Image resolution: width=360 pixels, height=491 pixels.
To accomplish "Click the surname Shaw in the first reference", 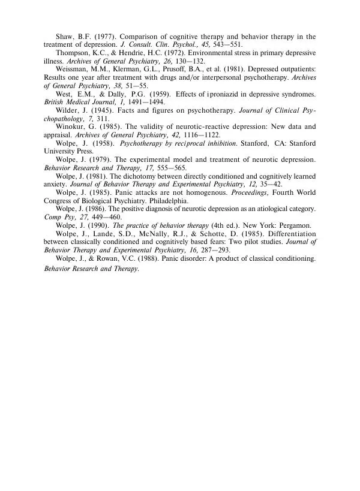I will (65, 37).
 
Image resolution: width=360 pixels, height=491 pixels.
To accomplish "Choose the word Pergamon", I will (294, 226).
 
